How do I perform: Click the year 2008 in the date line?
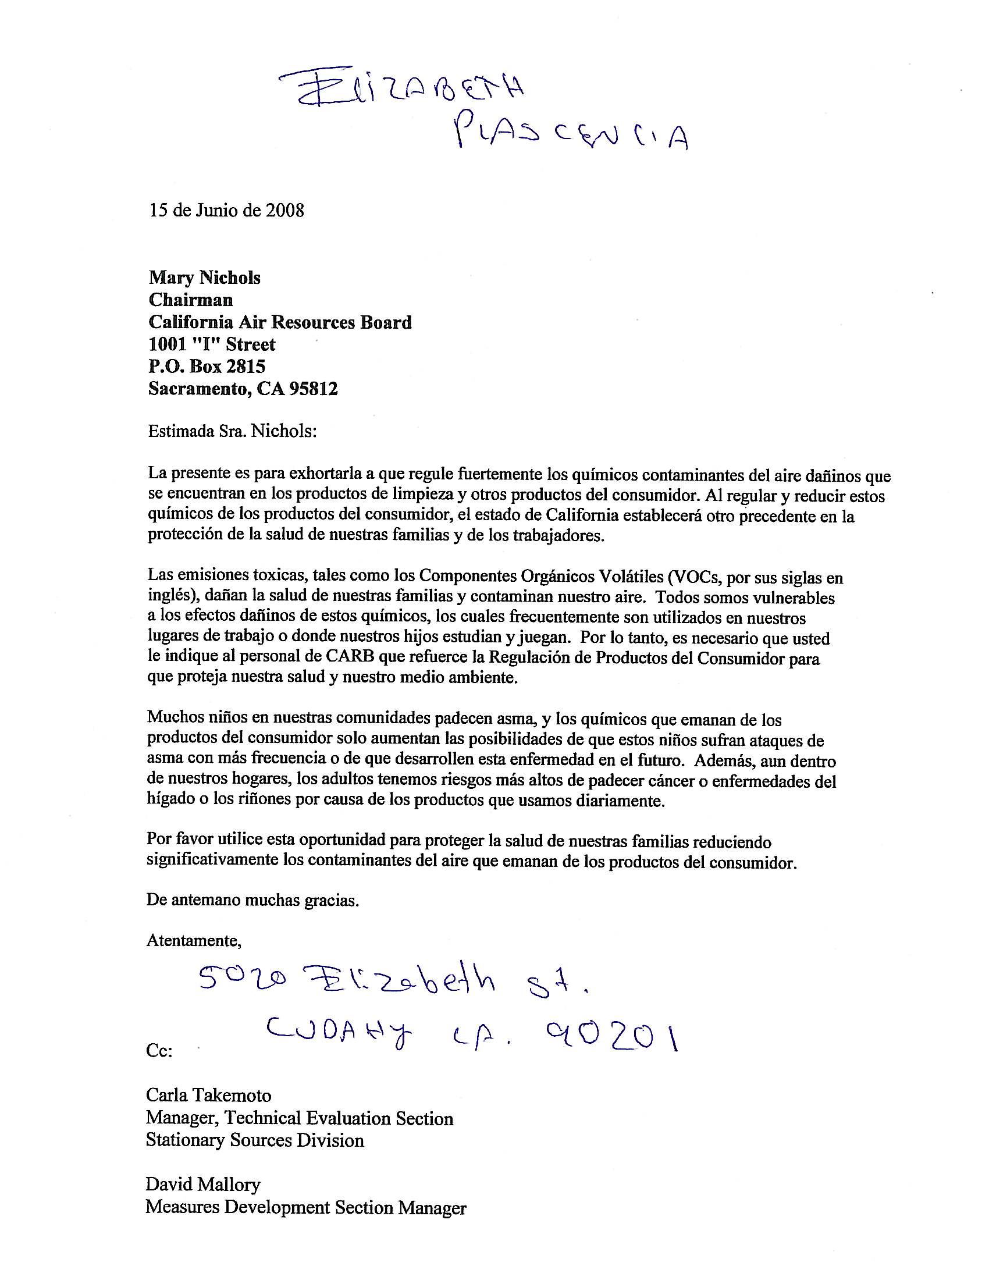coord(284,211)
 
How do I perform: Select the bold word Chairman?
coord(190,300)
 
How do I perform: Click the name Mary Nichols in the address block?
coord(204,277)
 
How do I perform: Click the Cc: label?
coord(159,1051)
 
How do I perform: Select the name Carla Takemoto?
coord(209,1095)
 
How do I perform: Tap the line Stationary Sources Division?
coord(255,1140)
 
